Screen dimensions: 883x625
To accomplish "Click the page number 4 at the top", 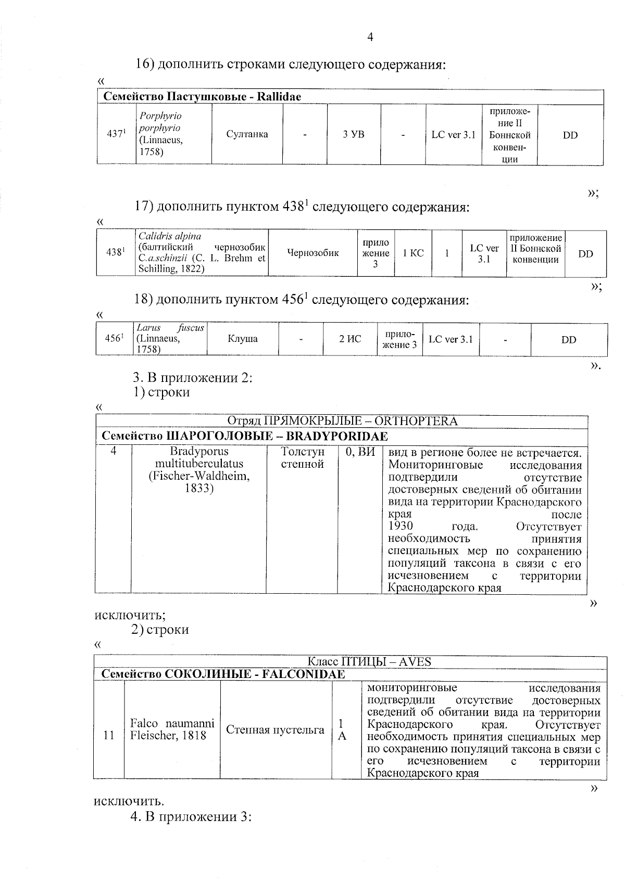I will tap(370, 37).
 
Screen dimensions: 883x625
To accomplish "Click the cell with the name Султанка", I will tap(247, 134).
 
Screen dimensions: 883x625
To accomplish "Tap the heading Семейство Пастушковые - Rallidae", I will tap(202, 97).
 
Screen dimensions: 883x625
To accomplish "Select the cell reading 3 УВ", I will tap(354, 134).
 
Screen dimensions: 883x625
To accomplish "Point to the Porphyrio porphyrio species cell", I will tap(173, 134).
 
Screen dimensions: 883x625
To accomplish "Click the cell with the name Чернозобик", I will tap(312, 253).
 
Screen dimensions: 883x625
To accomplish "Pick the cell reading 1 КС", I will tap(413, 253).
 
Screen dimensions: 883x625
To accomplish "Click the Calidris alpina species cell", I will tap(202, 252).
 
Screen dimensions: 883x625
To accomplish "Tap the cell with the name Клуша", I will tap(243, 339).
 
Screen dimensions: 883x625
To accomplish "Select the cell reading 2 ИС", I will tap(350, 339).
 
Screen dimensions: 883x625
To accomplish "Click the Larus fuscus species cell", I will tap(170, 339).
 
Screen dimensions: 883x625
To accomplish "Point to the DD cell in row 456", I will tap(569, 339).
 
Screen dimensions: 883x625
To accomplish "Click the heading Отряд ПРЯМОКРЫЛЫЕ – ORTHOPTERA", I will tap(342, 421).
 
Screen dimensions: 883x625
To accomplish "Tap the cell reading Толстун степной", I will tap(302, 458).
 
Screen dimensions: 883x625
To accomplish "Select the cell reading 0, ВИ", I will tap(360, 452).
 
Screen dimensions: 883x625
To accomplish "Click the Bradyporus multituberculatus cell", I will tap(199, 470).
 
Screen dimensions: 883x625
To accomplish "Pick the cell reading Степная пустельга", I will tap(275, 730).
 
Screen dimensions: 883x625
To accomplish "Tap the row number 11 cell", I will tap(109, 735).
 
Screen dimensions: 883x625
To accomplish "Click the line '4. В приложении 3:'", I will tap(191, 817).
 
